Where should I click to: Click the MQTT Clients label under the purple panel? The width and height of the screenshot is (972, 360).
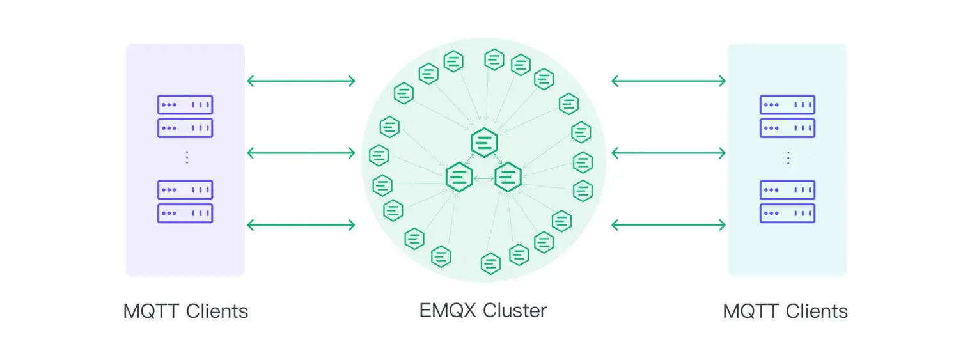tap(185, 311)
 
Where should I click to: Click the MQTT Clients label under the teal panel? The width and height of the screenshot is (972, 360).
tap(785, 311)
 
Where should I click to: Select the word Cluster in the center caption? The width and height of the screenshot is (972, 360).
tap(515, 311)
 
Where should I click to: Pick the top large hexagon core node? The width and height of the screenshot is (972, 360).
tap(484, 143)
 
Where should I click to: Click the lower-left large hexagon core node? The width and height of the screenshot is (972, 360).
tap(459, 177)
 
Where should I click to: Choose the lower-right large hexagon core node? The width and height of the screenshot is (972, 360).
tap(508, 177)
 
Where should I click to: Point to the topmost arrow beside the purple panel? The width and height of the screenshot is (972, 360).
tap(301, 81)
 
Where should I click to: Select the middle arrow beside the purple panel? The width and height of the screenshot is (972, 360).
tap(301, 153)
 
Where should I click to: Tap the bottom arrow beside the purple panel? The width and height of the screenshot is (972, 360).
tap(301, 224)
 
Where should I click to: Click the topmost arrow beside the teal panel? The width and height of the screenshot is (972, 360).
tap(668, 81)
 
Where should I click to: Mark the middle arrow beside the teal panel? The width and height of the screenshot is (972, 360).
tap(668, 153)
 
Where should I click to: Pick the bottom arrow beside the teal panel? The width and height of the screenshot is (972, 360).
tap(668, 224)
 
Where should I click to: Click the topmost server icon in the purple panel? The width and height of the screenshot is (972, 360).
tap(185, 105)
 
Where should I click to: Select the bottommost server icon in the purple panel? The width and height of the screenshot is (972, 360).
tap(185, 213)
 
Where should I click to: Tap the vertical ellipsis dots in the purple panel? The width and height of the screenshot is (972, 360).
tap(186, 157)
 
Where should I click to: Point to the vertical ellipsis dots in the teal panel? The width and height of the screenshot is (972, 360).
tap(788, 157)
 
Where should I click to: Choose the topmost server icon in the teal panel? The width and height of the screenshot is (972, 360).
tap(787, 105)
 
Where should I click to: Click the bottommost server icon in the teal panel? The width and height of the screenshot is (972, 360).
tap(787, 213)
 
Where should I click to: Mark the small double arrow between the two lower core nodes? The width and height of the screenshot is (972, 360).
tap(483, 178)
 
